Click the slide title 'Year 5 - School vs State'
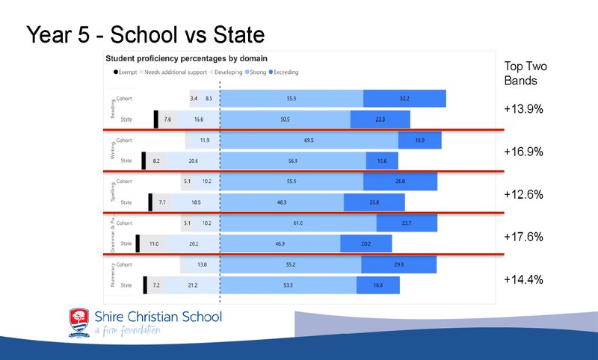pyautogui.click(x=146, y=35)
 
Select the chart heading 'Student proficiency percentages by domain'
pyautogui.click(x=187, y=58)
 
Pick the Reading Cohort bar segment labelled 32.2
pyautogui.click(x=404, y=99)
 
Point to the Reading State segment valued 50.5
pyautogui.click(x=286, y=120)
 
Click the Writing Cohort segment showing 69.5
pyautogui.click(x=309, y=140)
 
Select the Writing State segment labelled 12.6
pyautogui.click(x=382, y=161)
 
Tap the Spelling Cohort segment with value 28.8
pyautogui.click(x=399, y=181)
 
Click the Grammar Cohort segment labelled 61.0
pyautogui.click(x=298, y=223)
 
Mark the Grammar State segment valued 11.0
pyautogui.click(x=154, y=243)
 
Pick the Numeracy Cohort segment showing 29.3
pyautogui.click(x=398, y=264)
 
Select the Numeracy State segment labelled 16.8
pyautogui.click(x=377, y=285)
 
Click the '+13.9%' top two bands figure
pyautogui.click(x=523, y=109)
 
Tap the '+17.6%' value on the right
pyautogui.click(x=523, y=237)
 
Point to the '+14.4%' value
pyautogui.click(x=523, y=279)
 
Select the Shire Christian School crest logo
pyautogui.click(x=80, y=322)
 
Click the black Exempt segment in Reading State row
pyautogui.click(x=155, y=120)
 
